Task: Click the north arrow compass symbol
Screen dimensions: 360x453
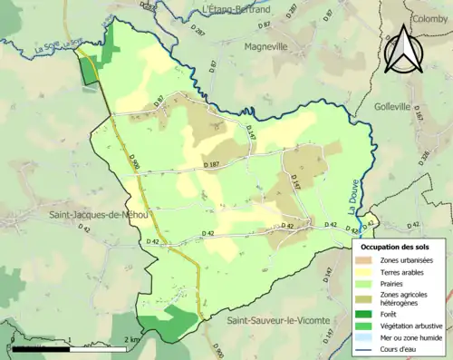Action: [x=403, y=50]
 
